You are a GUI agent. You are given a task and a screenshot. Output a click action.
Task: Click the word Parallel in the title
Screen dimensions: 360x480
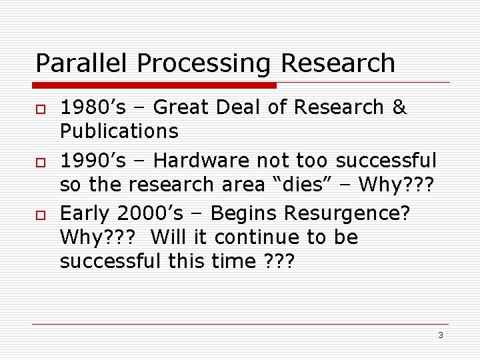click(x=83, y=63)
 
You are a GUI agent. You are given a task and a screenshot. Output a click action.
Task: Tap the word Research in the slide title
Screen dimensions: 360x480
click(x=338, y=63)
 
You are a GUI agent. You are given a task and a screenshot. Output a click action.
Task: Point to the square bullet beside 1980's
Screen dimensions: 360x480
click(x=39, y=109)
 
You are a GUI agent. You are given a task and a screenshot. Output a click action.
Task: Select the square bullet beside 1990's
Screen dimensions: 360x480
click(x=39, y=162)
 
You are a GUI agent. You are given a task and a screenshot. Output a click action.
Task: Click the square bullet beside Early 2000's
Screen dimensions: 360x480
click(x=39, y=215)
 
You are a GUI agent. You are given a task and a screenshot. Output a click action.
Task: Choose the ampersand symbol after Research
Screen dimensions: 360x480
click(x=399, y=107)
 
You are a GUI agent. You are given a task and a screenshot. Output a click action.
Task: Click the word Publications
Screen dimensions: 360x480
click(x=119, y=131)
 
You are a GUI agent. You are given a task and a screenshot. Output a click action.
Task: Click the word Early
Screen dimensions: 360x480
click(x=85, y=215)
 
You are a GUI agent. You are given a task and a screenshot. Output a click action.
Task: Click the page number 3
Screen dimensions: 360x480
click(x=441, y=335)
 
